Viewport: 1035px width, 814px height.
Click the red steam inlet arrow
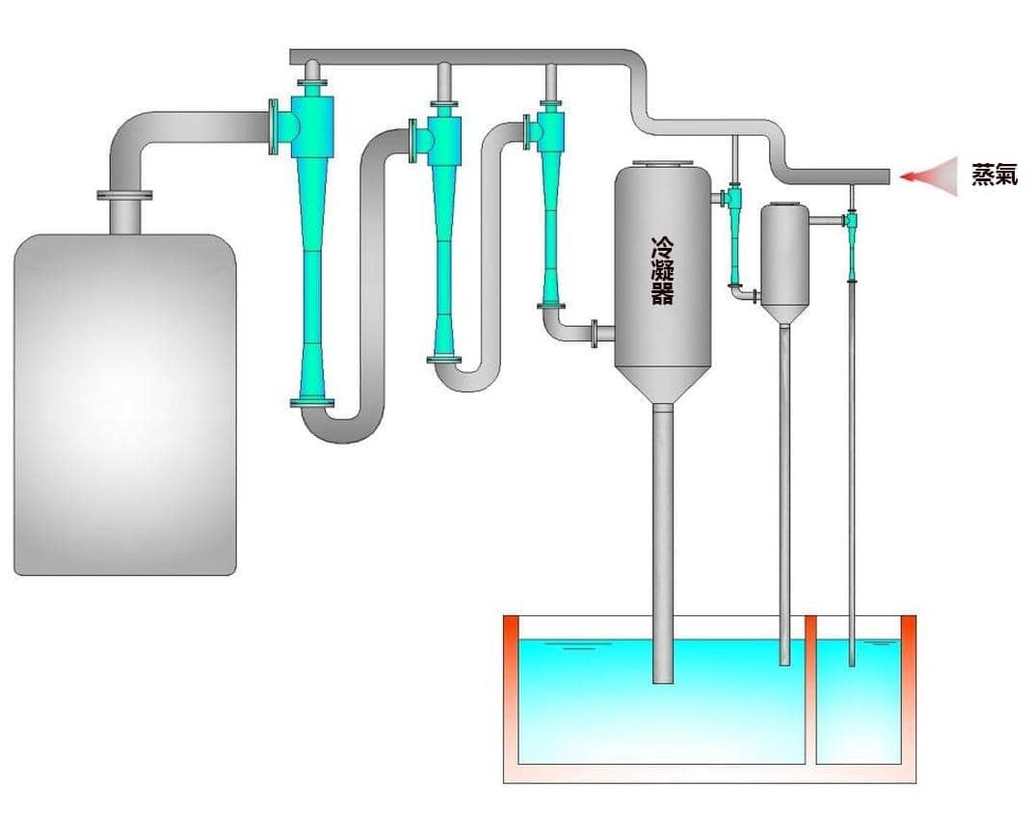929,176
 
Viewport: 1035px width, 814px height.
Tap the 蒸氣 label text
995,175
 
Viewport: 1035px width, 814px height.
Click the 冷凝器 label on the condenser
662,271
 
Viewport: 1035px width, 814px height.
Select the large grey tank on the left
124,404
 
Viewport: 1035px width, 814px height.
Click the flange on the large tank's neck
124,195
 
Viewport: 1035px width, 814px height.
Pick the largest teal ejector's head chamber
311,126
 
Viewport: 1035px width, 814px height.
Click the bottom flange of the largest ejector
312,402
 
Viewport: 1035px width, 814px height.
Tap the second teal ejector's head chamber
443,140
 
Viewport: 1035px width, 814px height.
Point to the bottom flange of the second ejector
443,360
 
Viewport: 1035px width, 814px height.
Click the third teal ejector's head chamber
550,131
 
